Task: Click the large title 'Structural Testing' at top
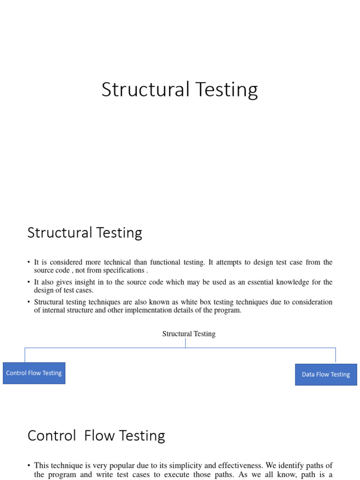(x=180, y=90)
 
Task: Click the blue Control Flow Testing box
(x=34, y=373)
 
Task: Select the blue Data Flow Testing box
(x=326, y=375)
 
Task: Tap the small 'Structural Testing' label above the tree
(x=189, y=334)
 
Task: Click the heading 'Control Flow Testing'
(x=96, y=435)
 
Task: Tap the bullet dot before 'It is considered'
(x=29, y=262)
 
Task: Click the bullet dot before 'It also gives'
(x=29, y=282)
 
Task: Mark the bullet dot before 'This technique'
(x=29, y=465)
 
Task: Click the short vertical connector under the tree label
(x=186, y=343)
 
